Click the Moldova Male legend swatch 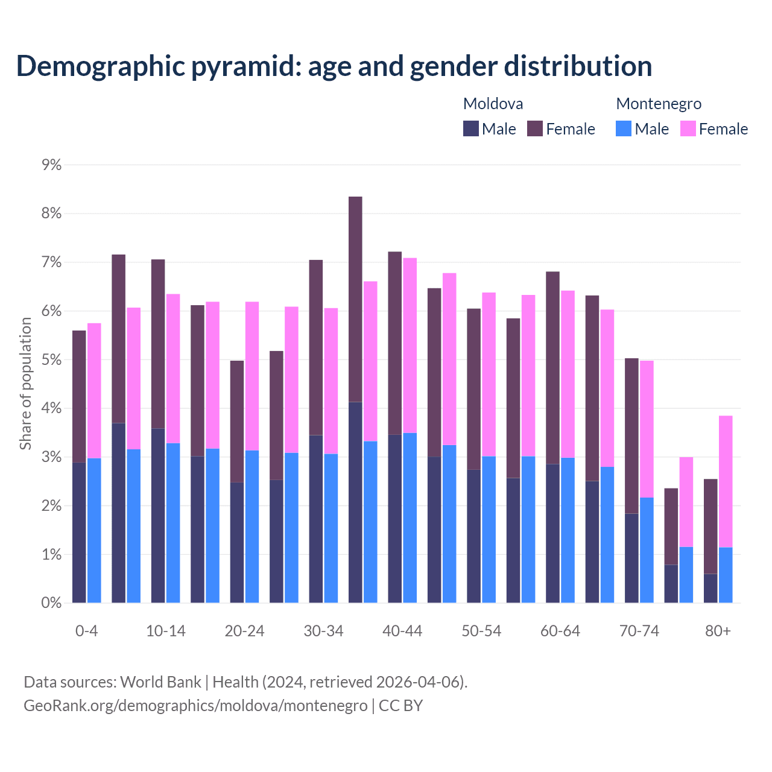(x=471, y=129)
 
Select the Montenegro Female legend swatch (x=688, y=129)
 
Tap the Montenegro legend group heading (x=659, y=104)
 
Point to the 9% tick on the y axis (x=52, y=165)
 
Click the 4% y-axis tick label (x=52, y=408)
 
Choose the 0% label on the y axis (x=52, y=603)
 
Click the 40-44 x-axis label (x=402, y=631)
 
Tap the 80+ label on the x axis (x=718, y=631)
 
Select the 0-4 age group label (x=86, y=631)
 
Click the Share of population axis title (x=26, y=384)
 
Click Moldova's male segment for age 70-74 (x=631, y=558)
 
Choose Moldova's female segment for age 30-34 (x=316, y=347)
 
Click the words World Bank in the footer (x=160, y=682)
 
